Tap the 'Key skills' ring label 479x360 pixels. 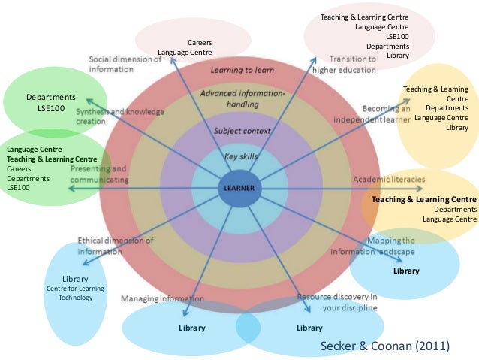coord(240,156)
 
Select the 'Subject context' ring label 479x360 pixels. coord(241,131)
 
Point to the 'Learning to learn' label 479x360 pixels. coord(243,70)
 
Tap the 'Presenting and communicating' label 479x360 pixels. coord(98,174)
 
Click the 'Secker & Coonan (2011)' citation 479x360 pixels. coord(385,346)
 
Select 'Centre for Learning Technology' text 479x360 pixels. coord(76,292)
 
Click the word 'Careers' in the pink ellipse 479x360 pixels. coord(200,42)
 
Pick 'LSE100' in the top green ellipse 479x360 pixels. coord(51,109)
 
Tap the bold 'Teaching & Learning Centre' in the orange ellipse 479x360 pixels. coord(423,199)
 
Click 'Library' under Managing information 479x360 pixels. coord(191,328)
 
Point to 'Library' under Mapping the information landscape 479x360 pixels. coord(406,271)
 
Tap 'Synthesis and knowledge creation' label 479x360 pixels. coord(120,116)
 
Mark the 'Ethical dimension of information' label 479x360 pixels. coord(116,246)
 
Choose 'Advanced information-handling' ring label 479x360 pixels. coord(242,98)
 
